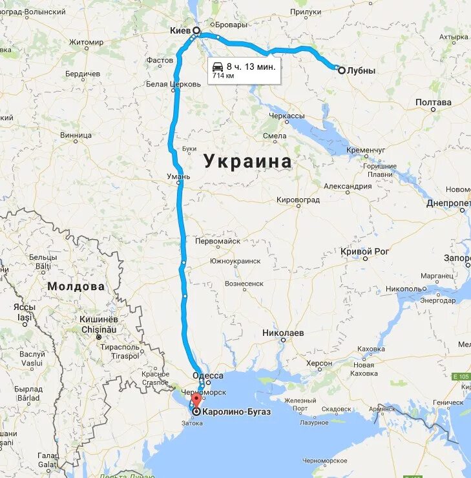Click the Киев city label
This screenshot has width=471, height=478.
pos(180,30)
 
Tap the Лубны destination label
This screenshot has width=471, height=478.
pos(361,70)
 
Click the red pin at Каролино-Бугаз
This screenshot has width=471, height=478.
pos(196,402)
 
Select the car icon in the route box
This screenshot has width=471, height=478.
pos(218,66)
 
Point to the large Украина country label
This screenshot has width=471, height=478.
pos(248,161)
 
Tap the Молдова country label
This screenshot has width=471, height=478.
pos(76,286)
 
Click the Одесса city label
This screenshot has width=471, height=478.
pos(208,375)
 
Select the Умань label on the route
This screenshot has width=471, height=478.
pos(179,176)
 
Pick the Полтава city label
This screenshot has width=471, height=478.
pos(433,102)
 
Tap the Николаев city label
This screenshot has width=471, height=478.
pos(283,333)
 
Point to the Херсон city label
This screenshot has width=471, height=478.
pos(319,364)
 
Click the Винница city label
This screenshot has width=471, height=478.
pos(76,136)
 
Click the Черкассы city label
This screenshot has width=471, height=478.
pos(287,115)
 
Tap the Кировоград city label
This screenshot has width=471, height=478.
pos(298,200)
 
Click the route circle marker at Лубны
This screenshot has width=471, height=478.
pos(341,70)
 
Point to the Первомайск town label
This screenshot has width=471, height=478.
pos(218,240)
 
